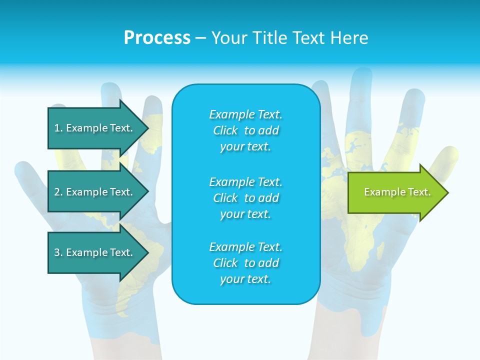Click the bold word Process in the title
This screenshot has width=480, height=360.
click(157, 38)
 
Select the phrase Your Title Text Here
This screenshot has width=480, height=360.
click(289, 38)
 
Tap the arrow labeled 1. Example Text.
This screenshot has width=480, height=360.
click(93, 128)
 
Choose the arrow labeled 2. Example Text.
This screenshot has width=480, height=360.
click(93, 192)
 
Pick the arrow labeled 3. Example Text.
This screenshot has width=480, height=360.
click(93, 252)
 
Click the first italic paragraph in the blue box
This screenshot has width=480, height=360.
click(245, 130)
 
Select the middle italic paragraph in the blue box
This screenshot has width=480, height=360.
click(245, 198)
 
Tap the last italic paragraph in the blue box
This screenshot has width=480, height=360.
click(245, 263)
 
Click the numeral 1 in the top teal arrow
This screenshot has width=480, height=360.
click(57, 128)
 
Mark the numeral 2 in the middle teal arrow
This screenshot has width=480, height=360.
click(57, 192)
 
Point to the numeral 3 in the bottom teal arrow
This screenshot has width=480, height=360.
click(57, 252)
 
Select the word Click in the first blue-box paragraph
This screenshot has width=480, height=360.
click(225, 130)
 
